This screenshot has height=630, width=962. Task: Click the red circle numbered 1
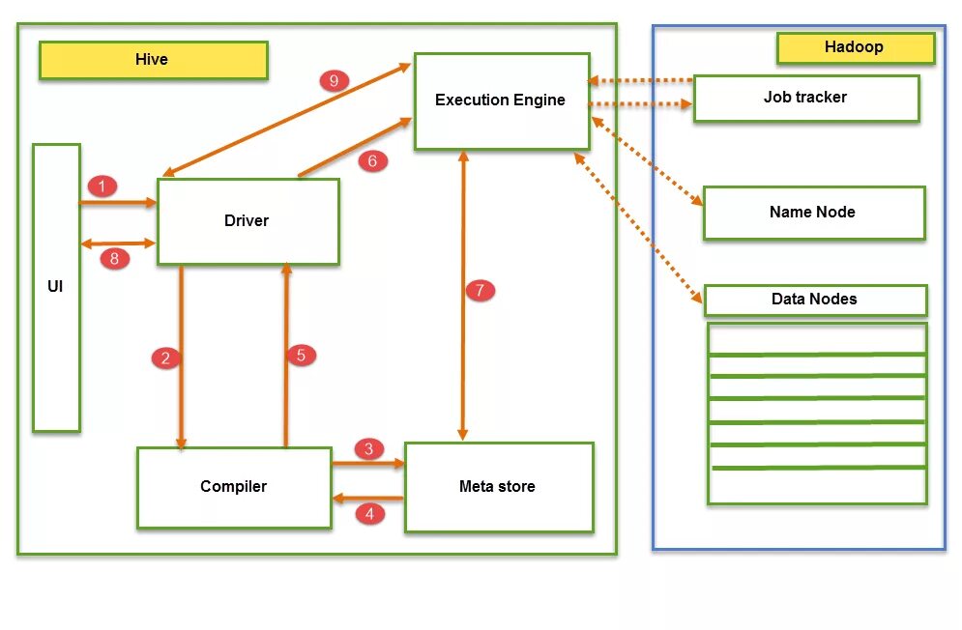point(102,186)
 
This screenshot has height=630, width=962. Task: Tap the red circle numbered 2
point(166,358)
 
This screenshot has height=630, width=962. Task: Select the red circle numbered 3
point(368,448)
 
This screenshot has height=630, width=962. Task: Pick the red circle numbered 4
point(369,514)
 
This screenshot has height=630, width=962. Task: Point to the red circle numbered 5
point(301,356)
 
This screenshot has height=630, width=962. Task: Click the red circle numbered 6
point(372,161)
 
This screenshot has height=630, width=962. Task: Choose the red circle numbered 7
point(480,290)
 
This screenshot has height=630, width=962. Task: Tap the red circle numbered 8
point(114,258)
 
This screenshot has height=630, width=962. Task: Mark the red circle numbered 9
point(334,80)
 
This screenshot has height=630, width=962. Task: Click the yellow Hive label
point(153,60)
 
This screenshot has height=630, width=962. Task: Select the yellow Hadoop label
point(855,47)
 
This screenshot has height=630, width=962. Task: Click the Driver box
point(248,221)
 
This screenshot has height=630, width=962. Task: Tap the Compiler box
point(234,487)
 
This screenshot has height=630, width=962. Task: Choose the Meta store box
point(498,487)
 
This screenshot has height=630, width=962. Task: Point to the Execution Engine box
point(501,100)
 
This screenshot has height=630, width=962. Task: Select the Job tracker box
point(805,98)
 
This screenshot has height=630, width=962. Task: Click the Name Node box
point(813,213)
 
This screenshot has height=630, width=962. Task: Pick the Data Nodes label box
point(814,300)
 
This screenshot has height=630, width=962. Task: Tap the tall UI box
point(56,287)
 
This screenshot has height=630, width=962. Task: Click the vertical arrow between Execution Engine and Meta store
point(464,367)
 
